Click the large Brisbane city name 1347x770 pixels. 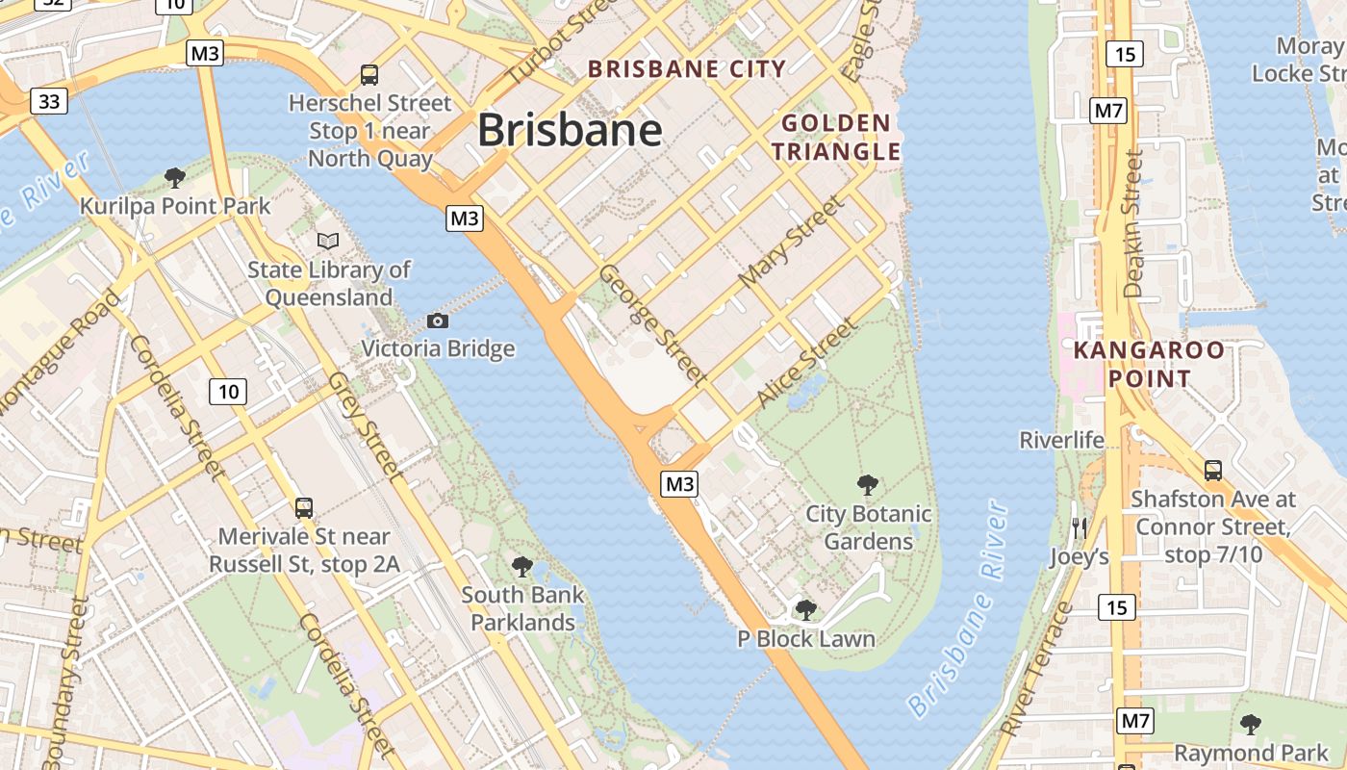click(570, 131)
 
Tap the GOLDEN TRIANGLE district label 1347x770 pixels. click(836, 137)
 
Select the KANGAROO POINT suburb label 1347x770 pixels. click(1149, 364)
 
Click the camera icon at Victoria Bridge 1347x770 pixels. click(438, 321)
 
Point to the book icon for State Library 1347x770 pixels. click(328, 241)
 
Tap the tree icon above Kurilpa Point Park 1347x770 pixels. click(174, 177)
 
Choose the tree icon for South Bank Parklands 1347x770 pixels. click(522, 566)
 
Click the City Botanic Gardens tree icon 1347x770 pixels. click(868, 484)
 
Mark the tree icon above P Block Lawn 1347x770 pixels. click(806, 609)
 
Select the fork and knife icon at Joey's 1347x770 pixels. click(1079, 527)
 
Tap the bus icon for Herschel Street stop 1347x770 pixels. click(369, 74)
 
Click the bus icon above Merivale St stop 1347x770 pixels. click(304, 507)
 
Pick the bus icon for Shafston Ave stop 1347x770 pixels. click(1213, 471)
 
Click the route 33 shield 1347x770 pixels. click(48, 100)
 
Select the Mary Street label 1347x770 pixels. click(791, 242)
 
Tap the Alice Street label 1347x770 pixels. click(807, 362)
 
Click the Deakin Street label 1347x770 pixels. click(1134, 223)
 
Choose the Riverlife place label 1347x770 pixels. click(1061, 440)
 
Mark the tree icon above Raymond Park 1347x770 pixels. click(1251, 724)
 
